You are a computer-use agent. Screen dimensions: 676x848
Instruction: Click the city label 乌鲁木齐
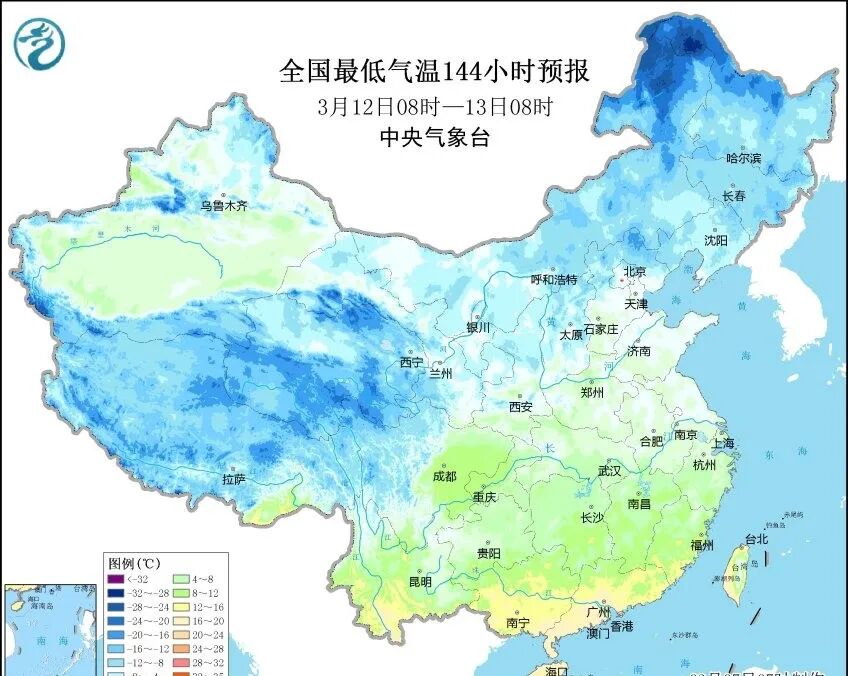click(223, 206)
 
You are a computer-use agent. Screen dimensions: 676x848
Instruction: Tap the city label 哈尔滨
click(743, 158)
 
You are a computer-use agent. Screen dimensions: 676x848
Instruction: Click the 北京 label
click(635, 271)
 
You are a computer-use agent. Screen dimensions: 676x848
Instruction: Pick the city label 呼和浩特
click(553, 279)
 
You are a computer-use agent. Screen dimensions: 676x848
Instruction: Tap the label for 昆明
click(420, 581)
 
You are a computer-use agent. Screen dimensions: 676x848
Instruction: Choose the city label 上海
click(724, 443)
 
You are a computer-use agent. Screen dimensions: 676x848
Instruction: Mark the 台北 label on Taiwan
click(756, 539)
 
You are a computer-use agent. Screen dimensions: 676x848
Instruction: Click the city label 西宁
click(411, 362)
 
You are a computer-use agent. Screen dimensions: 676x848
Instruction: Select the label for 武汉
click(609, 470)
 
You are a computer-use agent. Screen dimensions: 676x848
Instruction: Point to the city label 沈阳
click(716, 240)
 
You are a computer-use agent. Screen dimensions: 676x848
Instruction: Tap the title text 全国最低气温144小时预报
click(434, 72)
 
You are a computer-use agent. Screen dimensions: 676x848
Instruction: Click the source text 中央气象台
click(435, 139)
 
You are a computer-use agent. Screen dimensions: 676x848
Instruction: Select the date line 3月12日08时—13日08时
click(435, 106)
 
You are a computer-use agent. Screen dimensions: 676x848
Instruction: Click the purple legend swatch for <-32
click(118, 580)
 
